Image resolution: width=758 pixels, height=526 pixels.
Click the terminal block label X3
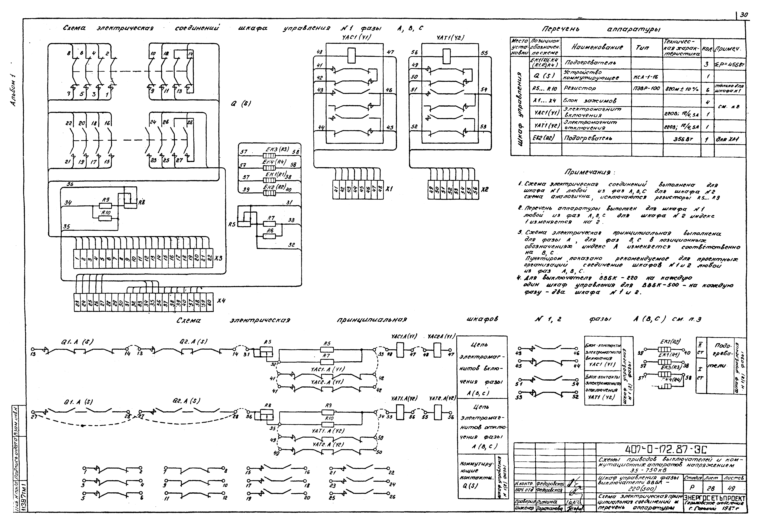coord(219,258)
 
